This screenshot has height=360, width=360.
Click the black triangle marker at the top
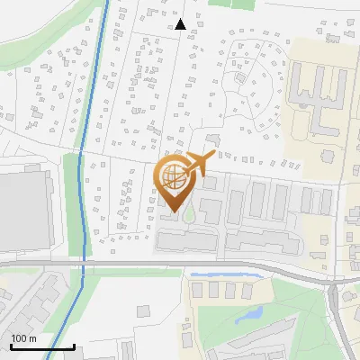180,24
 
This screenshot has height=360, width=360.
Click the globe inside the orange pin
172,175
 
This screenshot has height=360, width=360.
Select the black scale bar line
41,346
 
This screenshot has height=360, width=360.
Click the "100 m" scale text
23,338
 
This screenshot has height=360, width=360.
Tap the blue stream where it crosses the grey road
83,263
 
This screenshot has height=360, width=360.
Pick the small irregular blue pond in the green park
249,315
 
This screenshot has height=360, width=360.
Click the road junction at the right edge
338,286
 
